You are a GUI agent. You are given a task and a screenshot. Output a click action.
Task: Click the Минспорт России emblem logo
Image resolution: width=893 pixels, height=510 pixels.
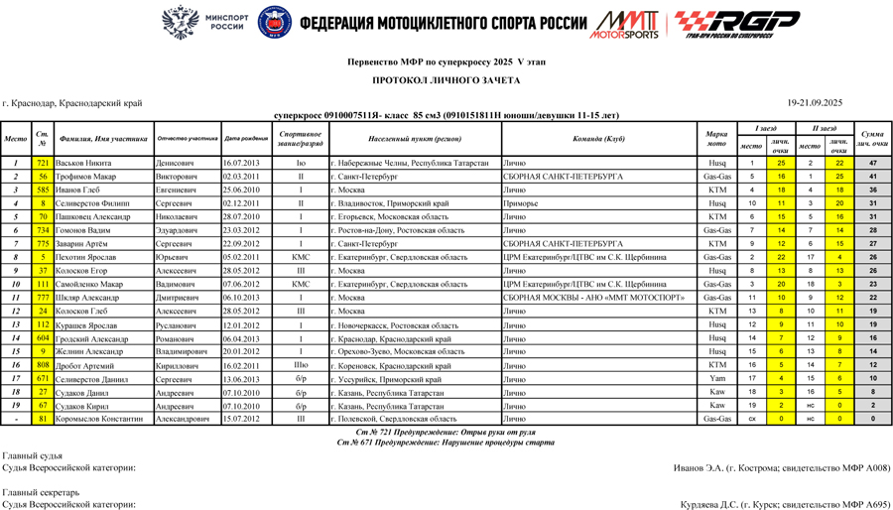pos(180,22)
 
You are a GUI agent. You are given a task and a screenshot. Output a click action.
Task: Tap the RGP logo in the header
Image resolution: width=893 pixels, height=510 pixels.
pos(737,23)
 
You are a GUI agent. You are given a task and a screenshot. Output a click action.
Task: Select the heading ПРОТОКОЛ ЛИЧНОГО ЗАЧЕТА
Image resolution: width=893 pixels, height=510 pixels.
pos(446,79)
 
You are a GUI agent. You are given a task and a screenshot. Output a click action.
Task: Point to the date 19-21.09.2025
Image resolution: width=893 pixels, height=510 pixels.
pos(815,102)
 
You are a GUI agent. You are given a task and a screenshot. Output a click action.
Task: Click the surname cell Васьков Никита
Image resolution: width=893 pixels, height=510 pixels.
pos(82,163)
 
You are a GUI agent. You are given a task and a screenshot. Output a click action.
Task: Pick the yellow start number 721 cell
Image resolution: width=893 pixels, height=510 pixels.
pos(43,163)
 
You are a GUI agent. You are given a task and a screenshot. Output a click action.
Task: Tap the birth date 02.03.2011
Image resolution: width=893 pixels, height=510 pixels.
pos(241,176)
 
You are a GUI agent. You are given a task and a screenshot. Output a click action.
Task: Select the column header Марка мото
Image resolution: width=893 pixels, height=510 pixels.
pos(716,139)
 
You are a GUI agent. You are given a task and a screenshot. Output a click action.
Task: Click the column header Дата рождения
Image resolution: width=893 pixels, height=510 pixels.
pos(246,139)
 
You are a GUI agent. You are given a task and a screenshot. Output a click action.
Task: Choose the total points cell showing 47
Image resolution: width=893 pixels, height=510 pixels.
pos(872,163)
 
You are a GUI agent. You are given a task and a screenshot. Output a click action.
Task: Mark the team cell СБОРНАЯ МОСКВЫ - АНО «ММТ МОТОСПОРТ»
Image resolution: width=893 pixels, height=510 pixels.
pos(593,297)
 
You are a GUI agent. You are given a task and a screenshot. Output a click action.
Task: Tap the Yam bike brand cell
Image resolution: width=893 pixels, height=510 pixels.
pos(716,378)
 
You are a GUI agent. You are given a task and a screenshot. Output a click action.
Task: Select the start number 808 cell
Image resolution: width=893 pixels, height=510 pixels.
pos(43,364)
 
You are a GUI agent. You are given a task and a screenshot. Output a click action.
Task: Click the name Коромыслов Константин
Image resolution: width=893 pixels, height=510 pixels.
pos(100,419)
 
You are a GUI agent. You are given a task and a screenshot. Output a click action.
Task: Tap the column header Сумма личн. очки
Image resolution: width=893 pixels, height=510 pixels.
pos(872,139)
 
